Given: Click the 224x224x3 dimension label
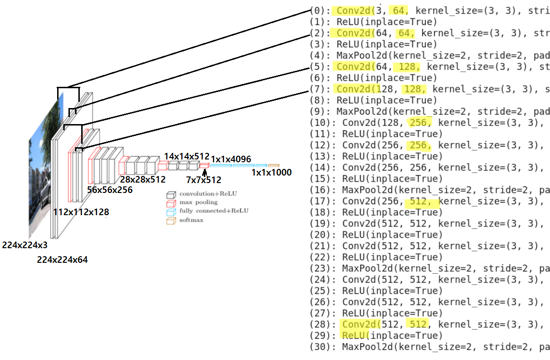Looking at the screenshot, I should click(25, 245).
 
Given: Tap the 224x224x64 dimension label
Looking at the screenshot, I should click(62, 260).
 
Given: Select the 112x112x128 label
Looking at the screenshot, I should click(81, 212).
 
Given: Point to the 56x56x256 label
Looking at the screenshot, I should click(110, 190).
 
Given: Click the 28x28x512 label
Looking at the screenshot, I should click(143, 179).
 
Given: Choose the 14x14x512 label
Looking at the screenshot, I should click(186, 156).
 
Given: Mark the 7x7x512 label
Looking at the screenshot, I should click(204, 179).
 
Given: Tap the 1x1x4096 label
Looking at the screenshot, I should click(231, 159).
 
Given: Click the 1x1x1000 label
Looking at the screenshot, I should click(271, 173).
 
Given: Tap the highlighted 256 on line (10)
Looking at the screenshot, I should click(419, 123).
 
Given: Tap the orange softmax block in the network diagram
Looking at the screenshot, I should click(273, 166).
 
